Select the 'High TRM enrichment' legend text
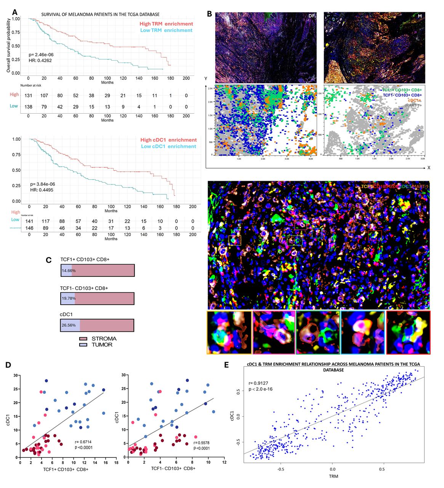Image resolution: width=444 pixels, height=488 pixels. point(166,24)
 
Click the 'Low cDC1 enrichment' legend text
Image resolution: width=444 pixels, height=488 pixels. point(168,146)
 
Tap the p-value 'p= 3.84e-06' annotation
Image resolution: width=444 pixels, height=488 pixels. point(43,184)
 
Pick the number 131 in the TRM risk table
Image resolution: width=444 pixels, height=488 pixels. point(28,96)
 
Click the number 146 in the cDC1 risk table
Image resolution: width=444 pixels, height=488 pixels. point(29,228)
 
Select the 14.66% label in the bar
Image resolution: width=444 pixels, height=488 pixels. point(66,270)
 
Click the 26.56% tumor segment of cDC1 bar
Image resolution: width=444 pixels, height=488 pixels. point(70,326)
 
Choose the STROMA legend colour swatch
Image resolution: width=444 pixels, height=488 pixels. point(83,339)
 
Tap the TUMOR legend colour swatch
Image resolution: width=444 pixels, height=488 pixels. point(83,345)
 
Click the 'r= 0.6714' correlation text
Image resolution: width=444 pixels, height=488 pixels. point(84,442)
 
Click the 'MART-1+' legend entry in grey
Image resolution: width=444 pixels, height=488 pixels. point(413,105)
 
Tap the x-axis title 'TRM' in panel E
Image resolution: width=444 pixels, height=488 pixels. point(333,476)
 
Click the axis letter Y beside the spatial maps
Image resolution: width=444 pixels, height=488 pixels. point(206,79)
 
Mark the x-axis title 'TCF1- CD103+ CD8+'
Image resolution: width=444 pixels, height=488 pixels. point(173,468)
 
